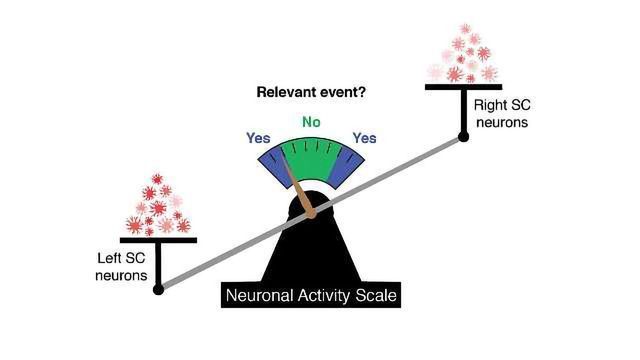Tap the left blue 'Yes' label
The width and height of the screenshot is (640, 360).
coord(258,138)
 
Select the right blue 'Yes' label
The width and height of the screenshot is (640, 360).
coord(364,138)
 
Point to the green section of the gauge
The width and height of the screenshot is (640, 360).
coord(311,160)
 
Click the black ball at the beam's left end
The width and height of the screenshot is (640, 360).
coord(158,290)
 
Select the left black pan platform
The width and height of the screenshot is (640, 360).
coord(158,240)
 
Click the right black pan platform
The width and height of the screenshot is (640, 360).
coord(463,87)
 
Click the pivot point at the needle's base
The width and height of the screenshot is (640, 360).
coord(311,212)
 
